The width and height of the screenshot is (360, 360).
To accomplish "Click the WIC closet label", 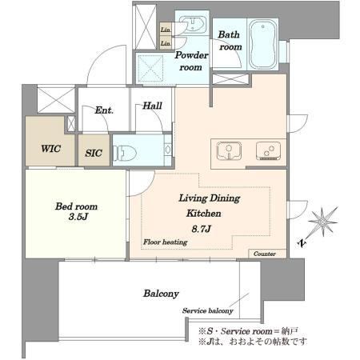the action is [x=50, y=149].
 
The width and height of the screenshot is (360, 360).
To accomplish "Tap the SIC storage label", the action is [x=94, y=153].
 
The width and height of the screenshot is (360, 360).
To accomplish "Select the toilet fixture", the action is [x=125, y=153].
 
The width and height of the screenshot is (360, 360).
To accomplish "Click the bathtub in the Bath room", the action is [x=263, y=44].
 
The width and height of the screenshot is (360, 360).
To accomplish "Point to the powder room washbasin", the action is [x=193, y=24].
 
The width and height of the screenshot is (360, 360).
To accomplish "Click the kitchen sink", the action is [x=230, y=150].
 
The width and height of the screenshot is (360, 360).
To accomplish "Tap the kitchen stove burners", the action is [x=268, y=150].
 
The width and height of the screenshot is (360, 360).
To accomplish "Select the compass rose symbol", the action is [x=323, y=222].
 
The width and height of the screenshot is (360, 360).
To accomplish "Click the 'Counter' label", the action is [x=265, y=254].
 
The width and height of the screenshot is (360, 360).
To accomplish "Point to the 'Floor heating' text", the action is [x=166, y=242].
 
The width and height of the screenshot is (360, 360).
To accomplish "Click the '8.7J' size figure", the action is [x=202, y=229].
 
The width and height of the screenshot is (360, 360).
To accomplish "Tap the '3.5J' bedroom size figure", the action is [x=78, y=217].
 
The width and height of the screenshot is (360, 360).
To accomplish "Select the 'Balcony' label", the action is [x=161, y=294].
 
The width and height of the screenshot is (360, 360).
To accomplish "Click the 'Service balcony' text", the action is [x=208, y=310].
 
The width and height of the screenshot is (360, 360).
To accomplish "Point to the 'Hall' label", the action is [x=152, y=106].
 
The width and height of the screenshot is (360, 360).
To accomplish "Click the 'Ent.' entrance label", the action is [x=104, y=110].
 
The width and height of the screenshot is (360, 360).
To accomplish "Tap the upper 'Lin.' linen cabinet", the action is [x=166, y=30].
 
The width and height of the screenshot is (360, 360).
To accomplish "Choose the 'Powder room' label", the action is [x=191, y=61].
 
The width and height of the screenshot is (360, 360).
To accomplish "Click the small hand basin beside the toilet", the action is [x=168, y=150].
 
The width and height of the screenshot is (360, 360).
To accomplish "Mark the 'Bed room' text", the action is [x=76, y=206].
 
